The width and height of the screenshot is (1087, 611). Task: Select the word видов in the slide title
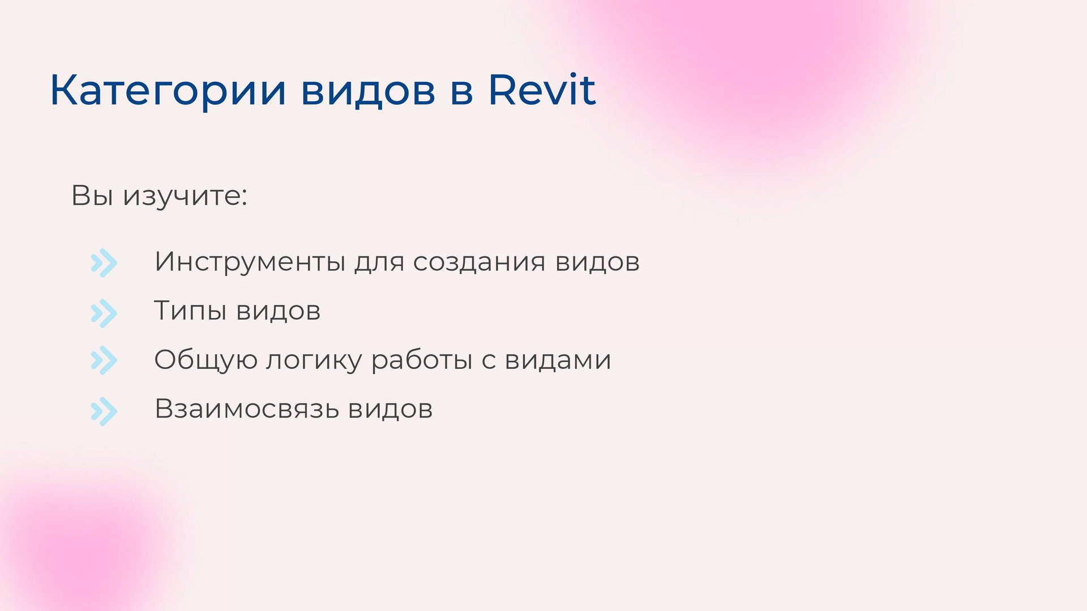[x=368, y=91]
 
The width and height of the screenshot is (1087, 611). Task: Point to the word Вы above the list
[x=92, y=196]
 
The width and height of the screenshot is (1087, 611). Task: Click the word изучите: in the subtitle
[x=186, y=196]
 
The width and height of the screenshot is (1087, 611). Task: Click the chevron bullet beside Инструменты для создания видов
[x=104, y=263]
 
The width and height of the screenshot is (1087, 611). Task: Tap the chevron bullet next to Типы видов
[x=104, y=313]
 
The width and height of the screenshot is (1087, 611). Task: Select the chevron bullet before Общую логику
[x=104, y=360]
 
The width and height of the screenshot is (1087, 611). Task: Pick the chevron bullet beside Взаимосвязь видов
[x=104, y=411]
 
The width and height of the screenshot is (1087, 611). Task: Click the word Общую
[x=206, y=360]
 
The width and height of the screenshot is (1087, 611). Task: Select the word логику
[x=314, y=360]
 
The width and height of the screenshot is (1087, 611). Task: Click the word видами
[x=558, y=360]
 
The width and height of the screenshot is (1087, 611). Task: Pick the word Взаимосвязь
[x=246, y=409]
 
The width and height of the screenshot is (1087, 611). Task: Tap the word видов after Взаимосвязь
[x=391, y=409]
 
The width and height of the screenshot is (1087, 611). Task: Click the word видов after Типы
[x=278, y=311]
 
